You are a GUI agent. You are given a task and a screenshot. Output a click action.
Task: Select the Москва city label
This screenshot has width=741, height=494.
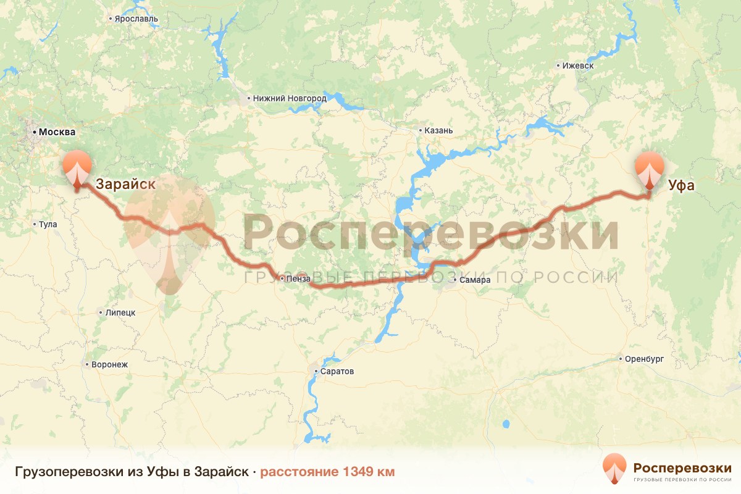(56, 132)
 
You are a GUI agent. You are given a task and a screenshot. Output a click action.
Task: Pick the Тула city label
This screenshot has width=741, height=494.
(48, 224)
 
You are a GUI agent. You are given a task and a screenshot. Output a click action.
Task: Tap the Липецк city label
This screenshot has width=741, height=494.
(120, 312)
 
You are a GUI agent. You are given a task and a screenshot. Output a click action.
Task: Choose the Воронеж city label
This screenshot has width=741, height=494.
(109, 364)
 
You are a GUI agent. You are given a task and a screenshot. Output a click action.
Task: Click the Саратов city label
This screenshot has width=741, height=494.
(337, 372)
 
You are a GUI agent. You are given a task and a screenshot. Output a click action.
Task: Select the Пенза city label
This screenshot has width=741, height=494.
(298, 279)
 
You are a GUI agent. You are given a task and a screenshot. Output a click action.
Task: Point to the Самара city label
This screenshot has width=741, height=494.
(475, 280)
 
